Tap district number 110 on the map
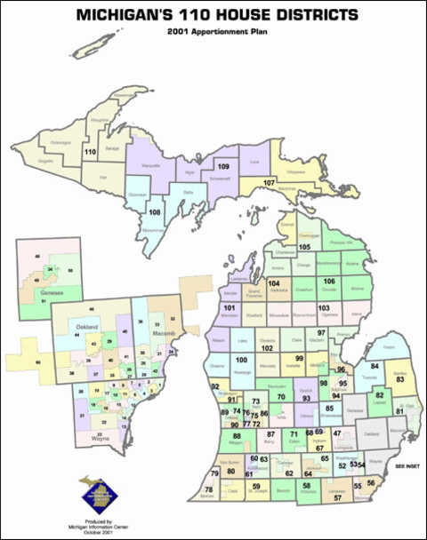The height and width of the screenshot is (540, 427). point(89,153)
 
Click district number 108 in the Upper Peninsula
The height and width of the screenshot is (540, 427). point(154,212)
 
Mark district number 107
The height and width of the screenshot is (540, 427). point(269,182)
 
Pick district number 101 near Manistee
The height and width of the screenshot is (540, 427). point(230,306)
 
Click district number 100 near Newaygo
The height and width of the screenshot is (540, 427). point(240,360)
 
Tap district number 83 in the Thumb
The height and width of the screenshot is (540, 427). point(400,379)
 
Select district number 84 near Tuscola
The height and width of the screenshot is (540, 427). point(375,366)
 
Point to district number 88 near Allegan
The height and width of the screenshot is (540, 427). point(237,435)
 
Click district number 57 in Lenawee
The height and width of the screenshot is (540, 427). point(338,498)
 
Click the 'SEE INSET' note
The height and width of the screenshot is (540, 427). point(407,465)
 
